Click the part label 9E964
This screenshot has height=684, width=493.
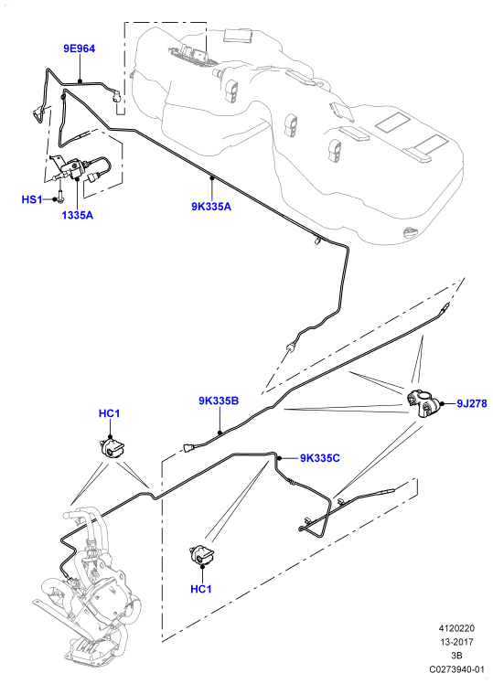click(79, 48)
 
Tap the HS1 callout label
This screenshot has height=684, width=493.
click(32, 199)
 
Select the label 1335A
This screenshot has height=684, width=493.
click(77, 215)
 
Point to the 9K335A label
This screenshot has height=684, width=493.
click(211, 207)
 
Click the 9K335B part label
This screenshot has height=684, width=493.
click(219, 401)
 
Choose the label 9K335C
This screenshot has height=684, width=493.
click(320, 458)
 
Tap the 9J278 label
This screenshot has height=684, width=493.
click(472, 403)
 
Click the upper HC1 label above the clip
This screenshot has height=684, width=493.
click(109, 413)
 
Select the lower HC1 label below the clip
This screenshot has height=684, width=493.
click(201, 589)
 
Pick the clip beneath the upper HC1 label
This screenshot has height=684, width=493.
click(112, 448)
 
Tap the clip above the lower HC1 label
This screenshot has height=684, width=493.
click(201, 555)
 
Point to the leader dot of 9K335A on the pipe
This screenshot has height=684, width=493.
click(211, 177)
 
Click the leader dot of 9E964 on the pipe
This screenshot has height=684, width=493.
click(80, 80)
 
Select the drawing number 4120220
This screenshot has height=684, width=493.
click(456, 628)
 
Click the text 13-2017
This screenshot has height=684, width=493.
click(456, 642)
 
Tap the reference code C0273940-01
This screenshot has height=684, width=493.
click(456, 669)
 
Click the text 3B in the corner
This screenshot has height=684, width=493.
click(456, 656)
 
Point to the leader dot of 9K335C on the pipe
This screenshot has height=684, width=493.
click(280, 458)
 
